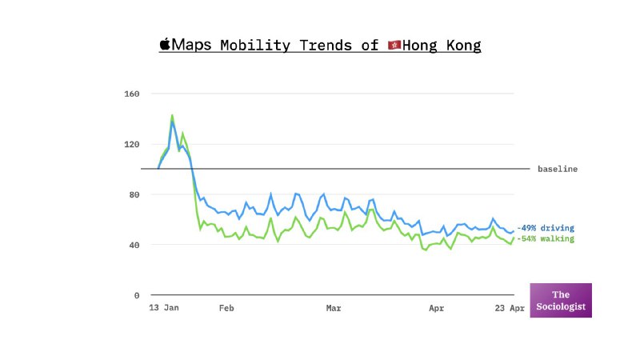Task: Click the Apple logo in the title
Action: [x=166, y=44]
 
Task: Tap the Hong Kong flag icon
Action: [x=394, y=45]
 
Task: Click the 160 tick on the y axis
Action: [x=132, y=94]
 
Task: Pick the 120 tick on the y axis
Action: [x=132, y=144]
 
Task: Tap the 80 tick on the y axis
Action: [x=134, y=194]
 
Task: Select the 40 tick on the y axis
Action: [x=134, y=245]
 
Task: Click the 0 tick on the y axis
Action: [x=137, y=295]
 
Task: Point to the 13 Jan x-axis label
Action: [x=164, y=307]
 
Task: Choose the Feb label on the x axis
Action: [x=226, y=307]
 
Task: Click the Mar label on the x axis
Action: [x=334, y=307]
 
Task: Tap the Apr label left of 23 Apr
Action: [x=437, y=307]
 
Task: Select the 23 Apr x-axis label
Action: [x=510, y=307]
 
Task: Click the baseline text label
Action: [x=557, y=169]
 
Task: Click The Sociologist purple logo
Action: [x=561, y=300]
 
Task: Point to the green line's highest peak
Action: [x=172, y=115]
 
